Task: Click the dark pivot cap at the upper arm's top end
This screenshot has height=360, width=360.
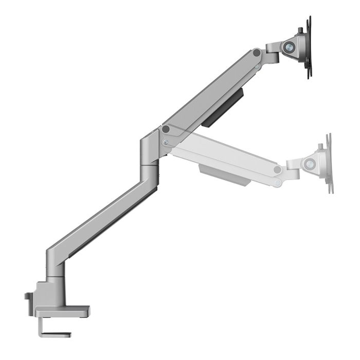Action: [x=256, y=52]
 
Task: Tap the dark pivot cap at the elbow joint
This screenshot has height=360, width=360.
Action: [x=165, y=129]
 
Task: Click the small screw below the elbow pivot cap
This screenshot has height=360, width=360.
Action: [x=165, y=142]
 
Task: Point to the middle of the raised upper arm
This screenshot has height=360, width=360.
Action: [x=211, y=90]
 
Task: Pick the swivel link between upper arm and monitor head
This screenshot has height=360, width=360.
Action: [x=271, y=52]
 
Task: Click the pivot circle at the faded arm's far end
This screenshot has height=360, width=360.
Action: [x=278, y=170]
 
